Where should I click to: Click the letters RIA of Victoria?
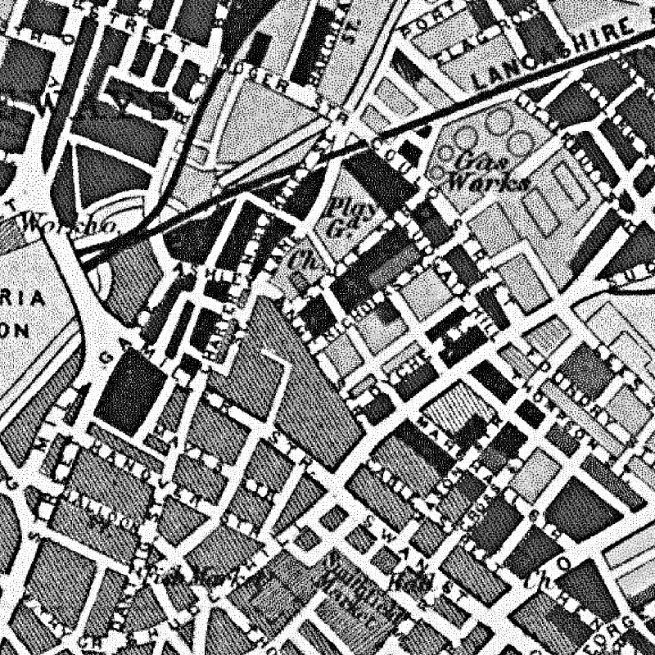29,298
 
